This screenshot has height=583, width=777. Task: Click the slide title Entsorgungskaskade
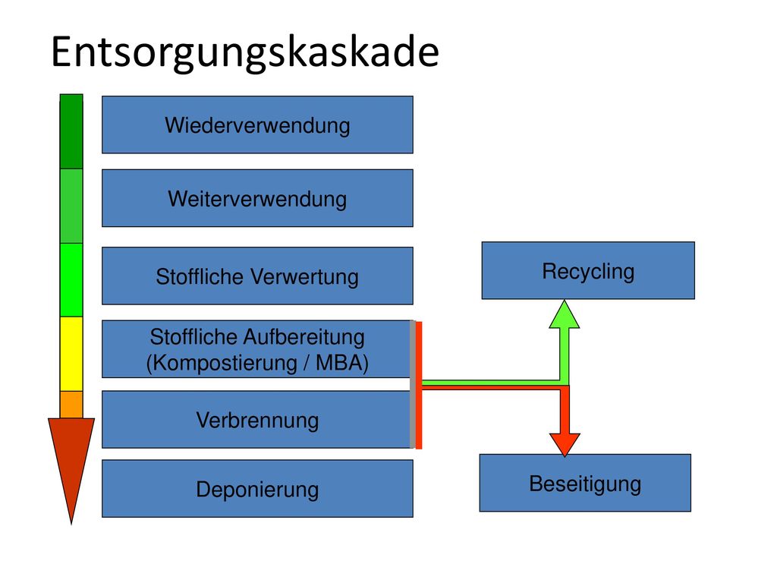click(245, 52)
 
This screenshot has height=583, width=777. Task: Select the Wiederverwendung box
click(257, 124)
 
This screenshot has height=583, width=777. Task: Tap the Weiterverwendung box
click(257, 198)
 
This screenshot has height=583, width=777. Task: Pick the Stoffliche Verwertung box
click(257, 276)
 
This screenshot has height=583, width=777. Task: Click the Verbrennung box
click(257, 419)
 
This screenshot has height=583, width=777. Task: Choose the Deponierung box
click(257, 488)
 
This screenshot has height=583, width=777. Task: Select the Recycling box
click(588, 270)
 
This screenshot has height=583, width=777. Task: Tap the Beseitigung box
click(585, 483)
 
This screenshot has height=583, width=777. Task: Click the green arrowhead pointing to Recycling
click(565, 314)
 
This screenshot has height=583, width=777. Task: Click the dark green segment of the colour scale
click(71, 131)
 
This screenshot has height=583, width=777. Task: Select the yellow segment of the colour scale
click(71, 354)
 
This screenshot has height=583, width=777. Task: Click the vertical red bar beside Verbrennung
click(419, 385)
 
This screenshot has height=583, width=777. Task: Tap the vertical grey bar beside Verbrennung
click(412, 384)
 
